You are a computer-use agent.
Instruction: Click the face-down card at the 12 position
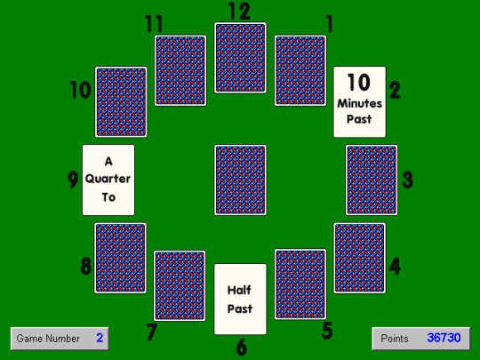(x=240, y=58)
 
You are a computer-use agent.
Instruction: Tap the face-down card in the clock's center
(x=240, y=180)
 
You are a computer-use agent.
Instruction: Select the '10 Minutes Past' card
(x=360, y=101)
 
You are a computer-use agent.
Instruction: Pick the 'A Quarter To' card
(x=108, y=180)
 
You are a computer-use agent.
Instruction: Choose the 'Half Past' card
(x=240, y=299)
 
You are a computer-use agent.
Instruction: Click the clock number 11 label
(x=154, y=24)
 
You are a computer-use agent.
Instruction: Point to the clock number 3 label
(x=408, y=180)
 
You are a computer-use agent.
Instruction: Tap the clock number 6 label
(x=242, y=348)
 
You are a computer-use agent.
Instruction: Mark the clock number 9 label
(x=73, y=180)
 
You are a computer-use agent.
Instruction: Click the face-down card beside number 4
(x=360, y=258)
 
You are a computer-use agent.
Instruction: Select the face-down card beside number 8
(x=120, y=258)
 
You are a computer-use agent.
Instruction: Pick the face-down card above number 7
(x=180, y=286)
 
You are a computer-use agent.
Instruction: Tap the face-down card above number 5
(x=300, y=284)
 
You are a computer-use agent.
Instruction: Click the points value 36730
(x=444, y=338)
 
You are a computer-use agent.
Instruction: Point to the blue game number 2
(x=100, y=338)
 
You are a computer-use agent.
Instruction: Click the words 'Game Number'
(x=48, y=339)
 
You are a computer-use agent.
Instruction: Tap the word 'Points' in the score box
(x=395, y=339)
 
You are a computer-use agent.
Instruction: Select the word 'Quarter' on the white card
(x=108, y=179)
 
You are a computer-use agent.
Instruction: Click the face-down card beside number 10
(x=121, y=102)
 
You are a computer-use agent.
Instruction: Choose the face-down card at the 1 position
(x=300, y=71)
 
